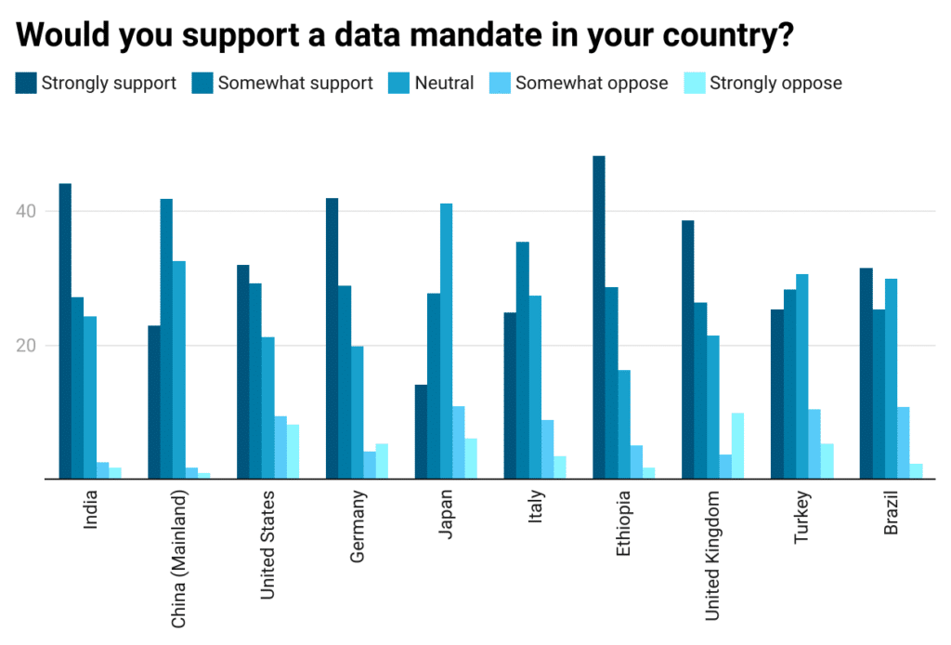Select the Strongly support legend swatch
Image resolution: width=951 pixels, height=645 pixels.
pos(26,83)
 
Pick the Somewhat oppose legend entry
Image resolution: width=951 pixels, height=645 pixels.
pos(580,83)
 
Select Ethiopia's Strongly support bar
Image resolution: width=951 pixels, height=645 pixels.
pos(599,317)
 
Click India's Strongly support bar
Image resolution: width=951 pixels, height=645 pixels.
pos(65,331)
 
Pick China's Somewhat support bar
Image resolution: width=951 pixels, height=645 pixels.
pos(166,338)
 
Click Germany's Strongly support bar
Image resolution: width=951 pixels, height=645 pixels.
pos(332,338)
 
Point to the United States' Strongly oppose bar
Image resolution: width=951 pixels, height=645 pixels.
pos(293,452)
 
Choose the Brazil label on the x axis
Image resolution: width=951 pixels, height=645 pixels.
pos(891,515)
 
